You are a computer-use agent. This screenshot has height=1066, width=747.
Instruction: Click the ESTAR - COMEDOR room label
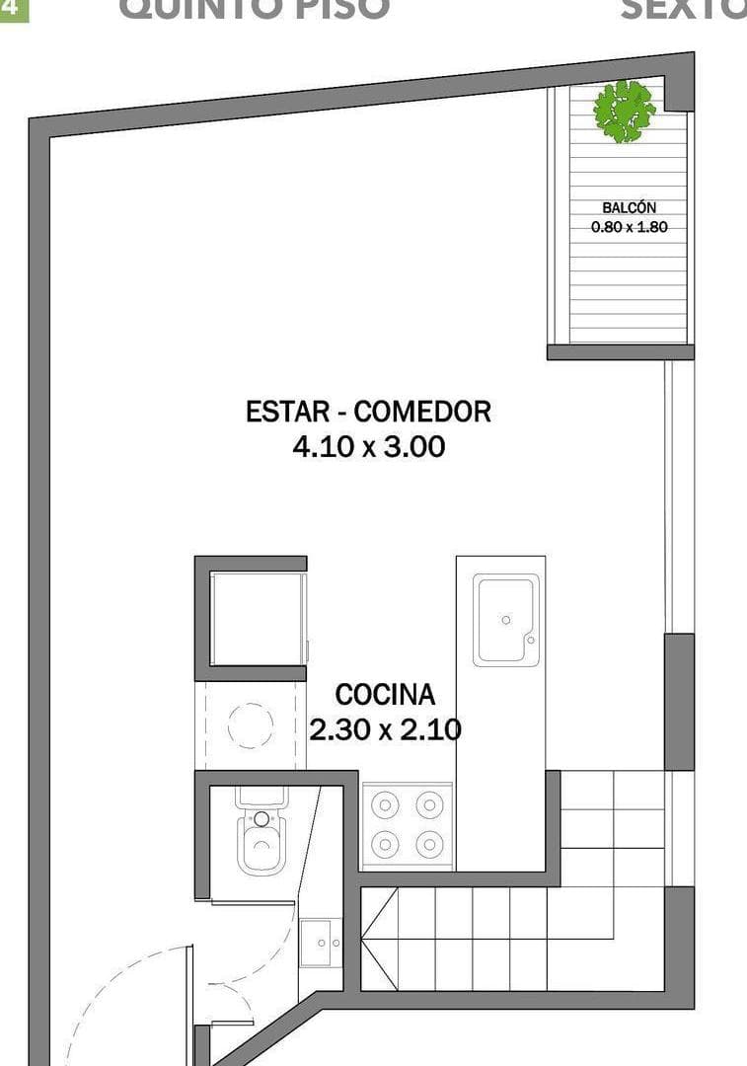coord(368,411)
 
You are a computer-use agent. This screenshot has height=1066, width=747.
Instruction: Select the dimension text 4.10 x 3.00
coord(368,447)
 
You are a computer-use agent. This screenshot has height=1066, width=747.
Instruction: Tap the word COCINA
coord(384,695)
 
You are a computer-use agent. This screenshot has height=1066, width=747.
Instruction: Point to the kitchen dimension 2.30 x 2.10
coord(385,729)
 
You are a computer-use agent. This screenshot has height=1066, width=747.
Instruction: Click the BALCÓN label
coord(629,208)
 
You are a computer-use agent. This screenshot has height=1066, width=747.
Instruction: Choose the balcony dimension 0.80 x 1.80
coord(629,226)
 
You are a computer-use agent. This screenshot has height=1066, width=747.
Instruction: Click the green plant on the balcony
coord(625,111)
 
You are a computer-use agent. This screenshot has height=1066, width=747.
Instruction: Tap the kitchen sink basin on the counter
coord(504,619)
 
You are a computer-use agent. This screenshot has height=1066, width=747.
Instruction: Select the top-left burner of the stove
coord(384,805)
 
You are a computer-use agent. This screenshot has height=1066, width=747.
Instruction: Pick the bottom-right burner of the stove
coord(429,845)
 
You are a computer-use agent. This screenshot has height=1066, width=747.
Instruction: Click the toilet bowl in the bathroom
coord(261,846)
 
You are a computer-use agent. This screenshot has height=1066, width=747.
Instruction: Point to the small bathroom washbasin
coord(321,944)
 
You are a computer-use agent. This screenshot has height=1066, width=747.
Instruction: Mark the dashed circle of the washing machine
coord(251,726)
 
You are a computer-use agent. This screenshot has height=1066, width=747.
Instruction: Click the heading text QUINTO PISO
coord(254,9)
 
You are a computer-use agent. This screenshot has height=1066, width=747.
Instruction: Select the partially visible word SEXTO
coord(683,9)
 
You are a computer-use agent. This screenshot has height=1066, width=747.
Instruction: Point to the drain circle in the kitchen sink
coord(505,620)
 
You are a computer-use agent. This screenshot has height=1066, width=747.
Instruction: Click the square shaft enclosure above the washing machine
coord(253,619)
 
